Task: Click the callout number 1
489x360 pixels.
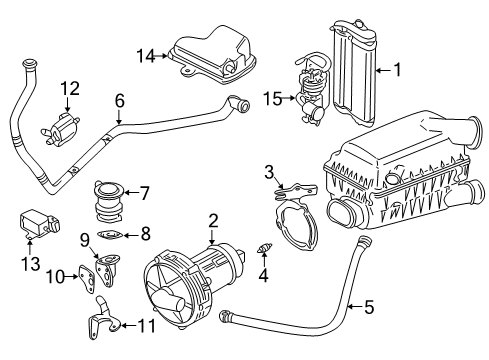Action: (397, 70)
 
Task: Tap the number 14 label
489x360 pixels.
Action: (146, 56)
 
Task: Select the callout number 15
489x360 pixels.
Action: (272, 98)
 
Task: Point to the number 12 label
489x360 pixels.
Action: (70, 88)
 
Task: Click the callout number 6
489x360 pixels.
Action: (120, 100)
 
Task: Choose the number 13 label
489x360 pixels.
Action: (31, 264)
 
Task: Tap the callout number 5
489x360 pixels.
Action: (369, 307)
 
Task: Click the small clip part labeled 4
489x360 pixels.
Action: (265, 248)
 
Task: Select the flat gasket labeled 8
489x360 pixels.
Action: (110, 235)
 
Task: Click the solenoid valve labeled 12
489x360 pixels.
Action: (60, 129)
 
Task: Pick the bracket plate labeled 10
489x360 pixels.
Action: (86, 279)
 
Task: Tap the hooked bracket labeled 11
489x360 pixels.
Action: (102, 318)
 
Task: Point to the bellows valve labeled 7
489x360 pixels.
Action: (108, 202)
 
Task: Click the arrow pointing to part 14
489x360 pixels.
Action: (162, 56)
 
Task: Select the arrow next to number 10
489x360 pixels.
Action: (72, 276)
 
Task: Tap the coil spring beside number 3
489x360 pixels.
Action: (280, 194)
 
